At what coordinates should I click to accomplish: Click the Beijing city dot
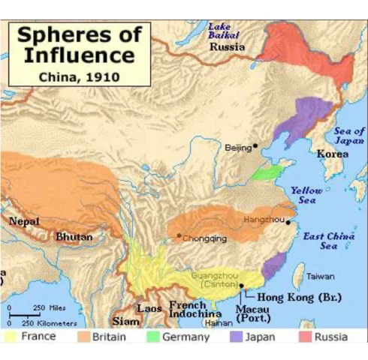click(255, 145)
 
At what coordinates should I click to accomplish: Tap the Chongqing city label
click(204, 238)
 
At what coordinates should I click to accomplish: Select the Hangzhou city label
click(264, 219)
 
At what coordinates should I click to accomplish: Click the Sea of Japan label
click(349, 136)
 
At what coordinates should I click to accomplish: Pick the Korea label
click(333, 154)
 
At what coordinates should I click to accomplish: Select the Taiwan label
click(320, 276)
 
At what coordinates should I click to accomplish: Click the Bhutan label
click(74, 237)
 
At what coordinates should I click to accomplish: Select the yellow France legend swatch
click(11, 337)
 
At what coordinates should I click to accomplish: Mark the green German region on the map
click(264, 173)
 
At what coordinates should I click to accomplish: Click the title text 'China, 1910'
click(78, 76)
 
